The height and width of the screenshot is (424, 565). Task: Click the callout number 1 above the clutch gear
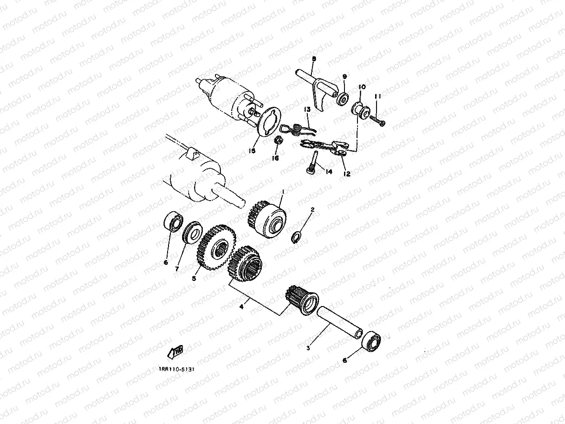[x=283, y=191]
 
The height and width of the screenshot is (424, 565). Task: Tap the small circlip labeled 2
[x=296, y=237]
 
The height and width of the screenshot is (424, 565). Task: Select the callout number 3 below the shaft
[x=308, y=347]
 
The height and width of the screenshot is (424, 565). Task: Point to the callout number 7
[x=177, y=268]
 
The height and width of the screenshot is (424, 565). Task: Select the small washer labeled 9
[x=344, y=99]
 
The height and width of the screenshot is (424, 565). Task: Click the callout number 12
[x=347, y=174]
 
